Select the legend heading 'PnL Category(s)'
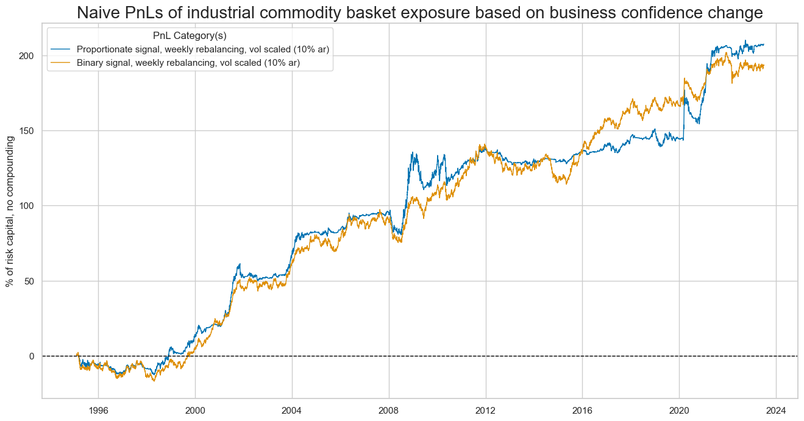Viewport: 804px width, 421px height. point(190,36)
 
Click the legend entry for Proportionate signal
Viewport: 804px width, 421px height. point(207,49)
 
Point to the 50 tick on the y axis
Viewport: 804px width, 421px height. point(29,281)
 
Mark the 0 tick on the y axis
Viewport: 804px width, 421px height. point(31,356)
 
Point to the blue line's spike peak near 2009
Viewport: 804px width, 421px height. point(413,152)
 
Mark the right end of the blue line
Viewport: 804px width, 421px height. point(764,44)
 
